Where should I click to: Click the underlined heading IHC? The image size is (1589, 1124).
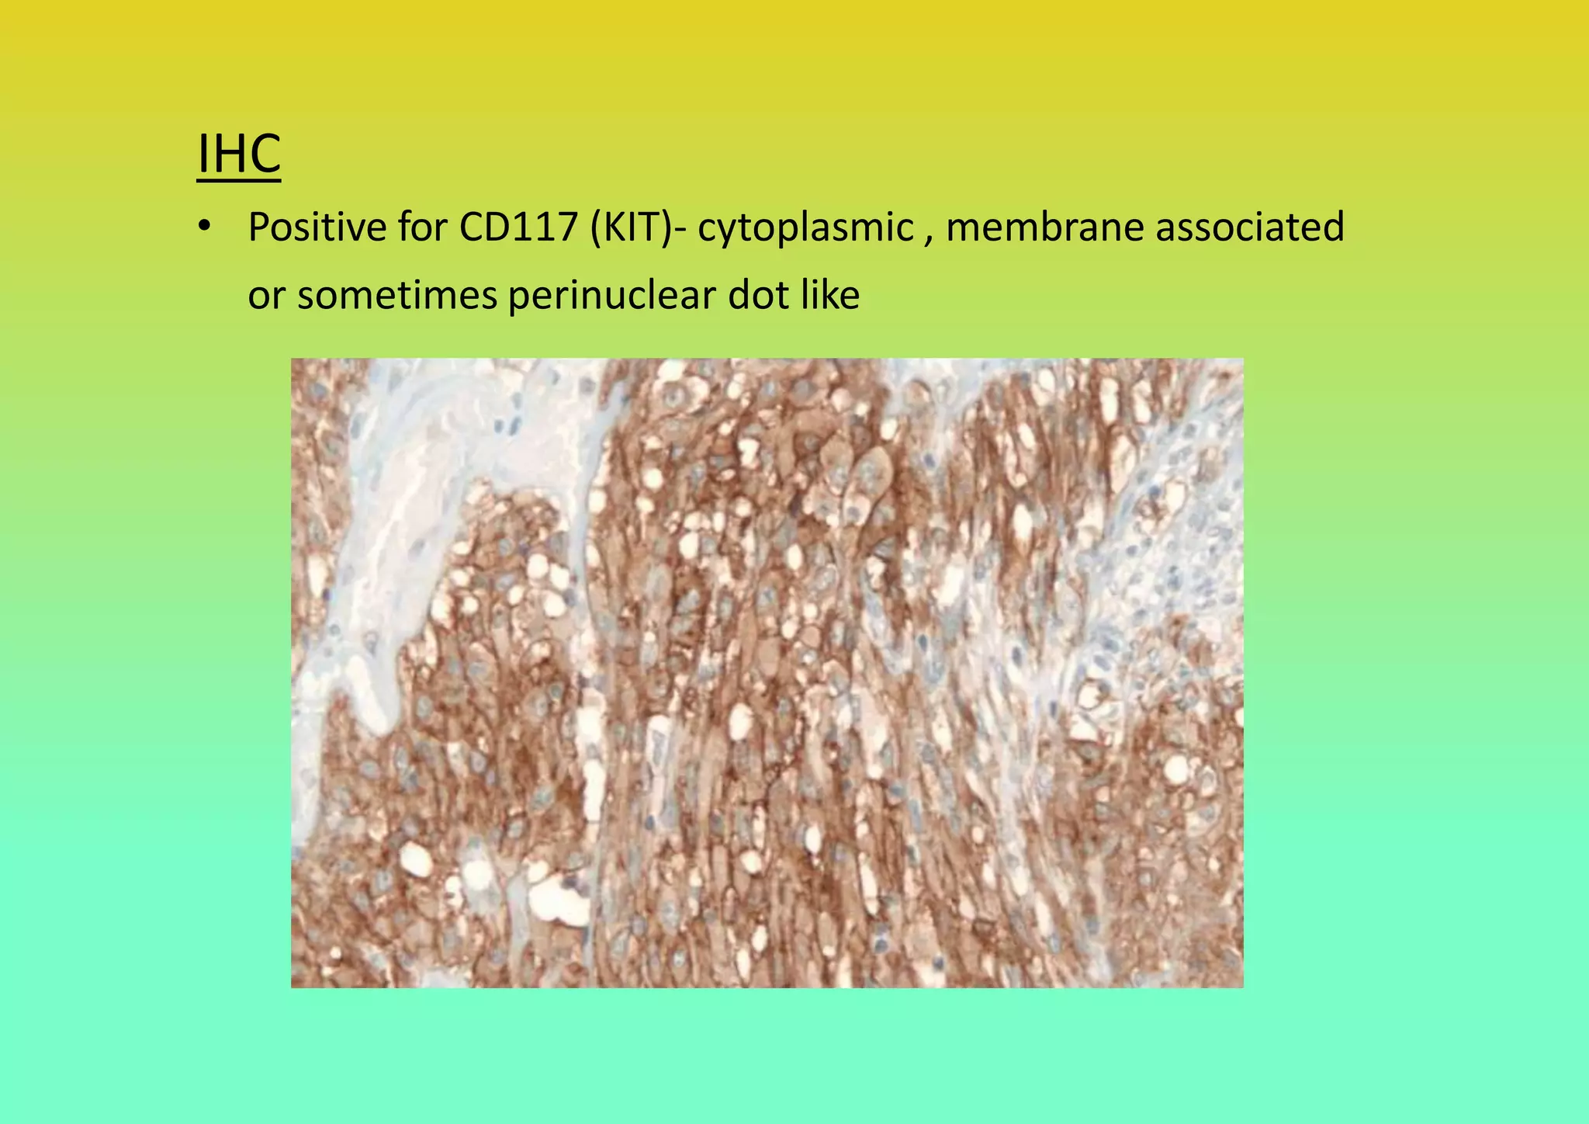tap(238, 154)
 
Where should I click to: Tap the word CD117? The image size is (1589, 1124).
tap(518, 227)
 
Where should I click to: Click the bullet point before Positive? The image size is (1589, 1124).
tap(203, 227)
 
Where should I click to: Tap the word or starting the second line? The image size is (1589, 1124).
tap(265, 296)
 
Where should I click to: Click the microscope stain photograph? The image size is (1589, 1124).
tap(767, 672)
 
